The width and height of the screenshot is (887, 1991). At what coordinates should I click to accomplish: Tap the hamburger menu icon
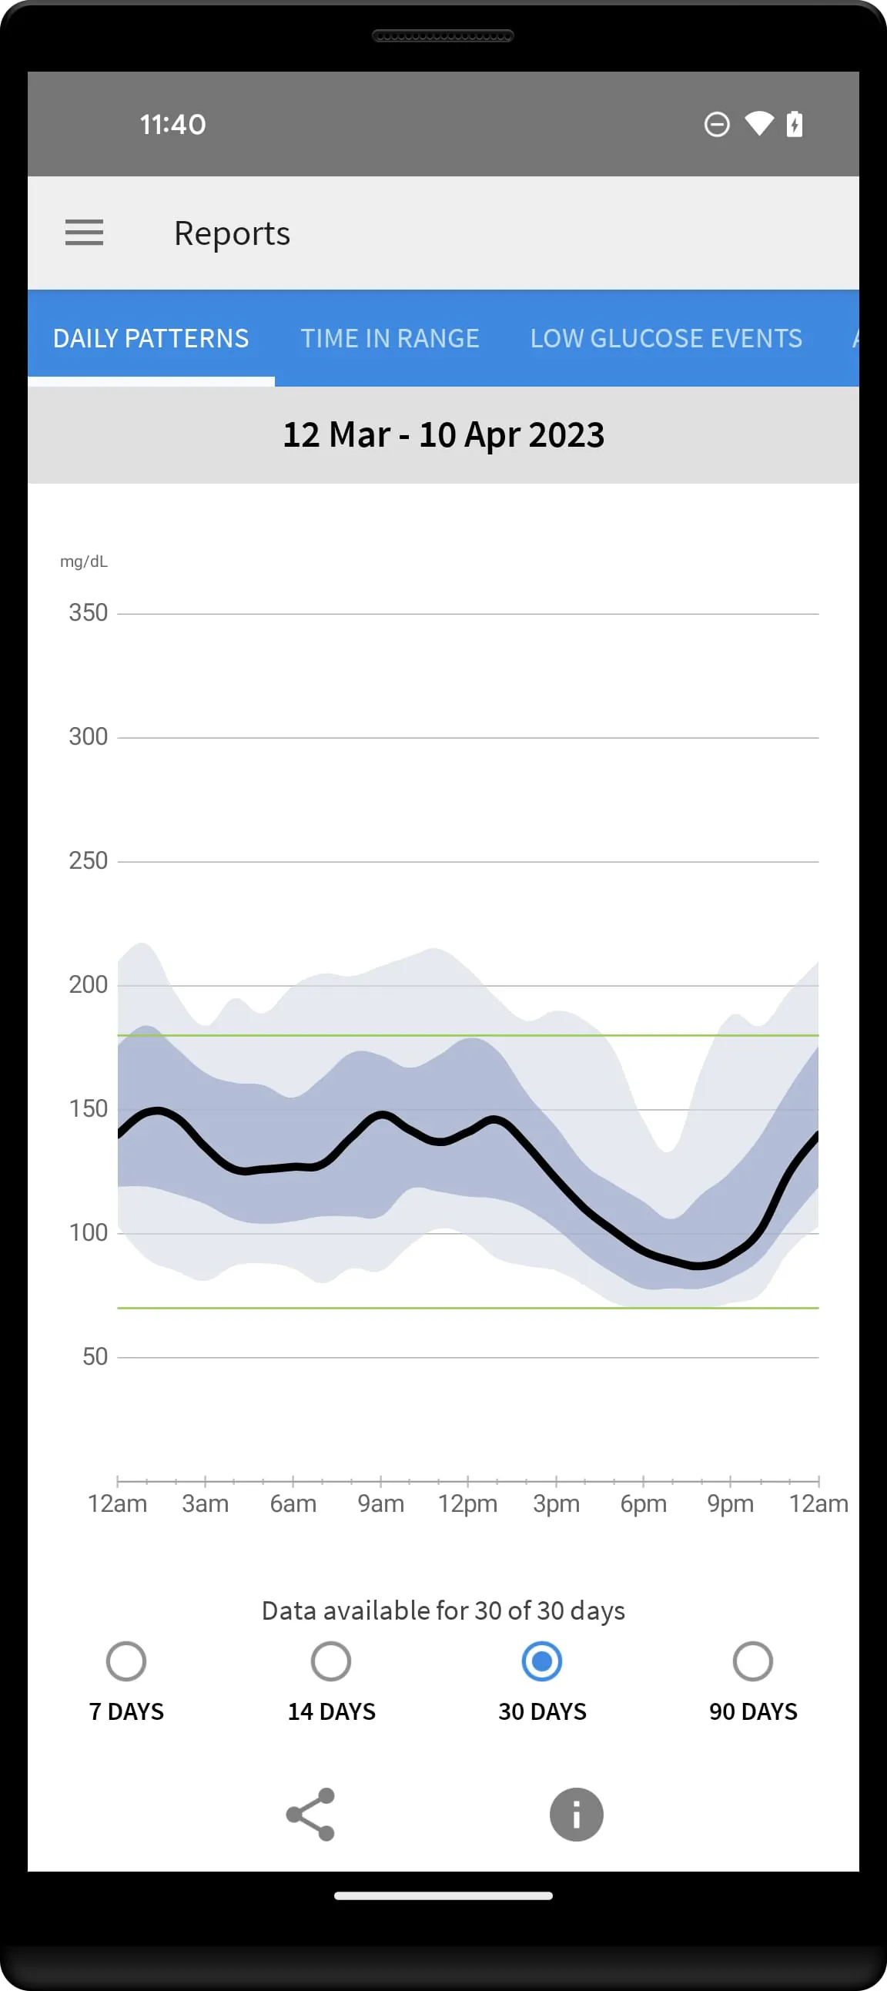tap(84, 233)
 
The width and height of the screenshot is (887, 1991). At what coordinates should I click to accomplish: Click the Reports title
tap(232, 233)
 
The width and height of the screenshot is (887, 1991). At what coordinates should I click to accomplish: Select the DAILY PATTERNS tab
tap(151, 339)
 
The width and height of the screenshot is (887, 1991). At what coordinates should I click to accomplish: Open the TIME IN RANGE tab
tap(390, 339)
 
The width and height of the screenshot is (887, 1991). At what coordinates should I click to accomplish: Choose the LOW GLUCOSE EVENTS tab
tap(665, 339)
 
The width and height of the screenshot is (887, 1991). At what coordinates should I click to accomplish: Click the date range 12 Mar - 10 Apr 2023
tap(443, 435)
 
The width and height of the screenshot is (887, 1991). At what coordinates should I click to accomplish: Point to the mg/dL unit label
tap(83, 562)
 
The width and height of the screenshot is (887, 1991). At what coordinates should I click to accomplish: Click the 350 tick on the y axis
tap(88, 613)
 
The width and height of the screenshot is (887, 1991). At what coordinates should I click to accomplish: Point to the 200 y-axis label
tap(88, 984)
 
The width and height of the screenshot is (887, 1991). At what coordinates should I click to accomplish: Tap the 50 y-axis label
tap(94, 1356)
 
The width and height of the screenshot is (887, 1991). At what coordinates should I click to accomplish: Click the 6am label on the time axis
tap(293, 1503)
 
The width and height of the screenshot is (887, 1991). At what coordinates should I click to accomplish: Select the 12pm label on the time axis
tap(467, 1503)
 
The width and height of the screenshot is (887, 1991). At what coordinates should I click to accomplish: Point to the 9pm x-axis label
tap(730, 1503)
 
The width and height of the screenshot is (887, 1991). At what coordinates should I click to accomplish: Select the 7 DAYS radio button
tap(126, 1662)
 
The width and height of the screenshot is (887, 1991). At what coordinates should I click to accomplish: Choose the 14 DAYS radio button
tap(330, 1662)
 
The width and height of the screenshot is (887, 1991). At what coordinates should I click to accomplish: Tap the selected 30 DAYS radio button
tap(541, 1662)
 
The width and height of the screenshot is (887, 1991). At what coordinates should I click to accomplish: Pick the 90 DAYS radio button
tap(752, 1662)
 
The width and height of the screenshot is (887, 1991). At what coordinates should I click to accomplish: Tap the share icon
tap(310, 1814)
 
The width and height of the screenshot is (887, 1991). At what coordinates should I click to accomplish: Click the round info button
tap(576, 1814)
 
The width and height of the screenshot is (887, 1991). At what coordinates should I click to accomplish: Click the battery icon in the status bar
tap(795, 124)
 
